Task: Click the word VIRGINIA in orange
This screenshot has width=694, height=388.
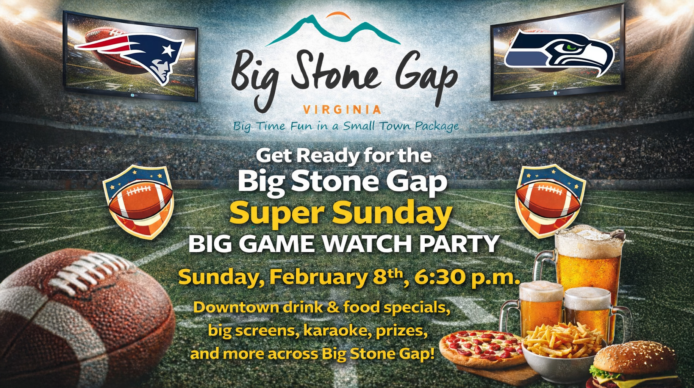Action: (342, 110)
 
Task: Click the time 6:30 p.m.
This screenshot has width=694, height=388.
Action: (467, 278)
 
